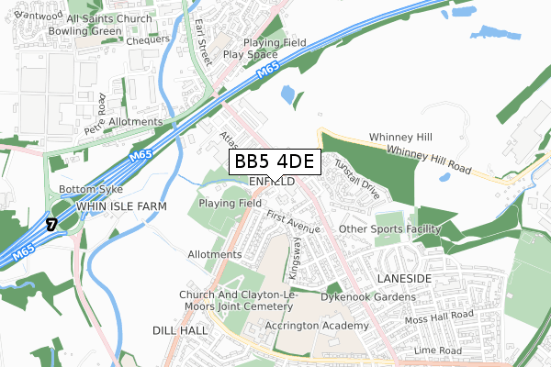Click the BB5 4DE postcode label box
273,161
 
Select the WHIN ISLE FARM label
121,207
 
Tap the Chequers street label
149,40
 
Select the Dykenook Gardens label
368,297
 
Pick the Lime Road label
436,351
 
